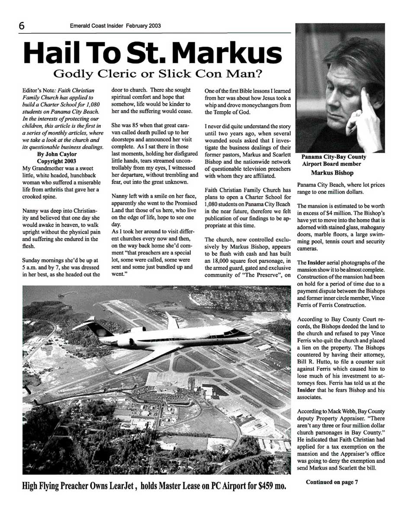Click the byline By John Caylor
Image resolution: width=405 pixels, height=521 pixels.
coord(57,154)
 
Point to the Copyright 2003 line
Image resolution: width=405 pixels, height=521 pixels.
coord(57,162)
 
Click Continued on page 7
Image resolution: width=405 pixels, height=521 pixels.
coord(332,482)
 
